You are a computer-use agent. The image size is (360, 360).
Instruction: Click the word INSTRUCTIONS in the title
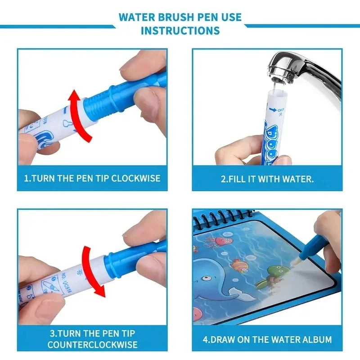(x=180, y=31)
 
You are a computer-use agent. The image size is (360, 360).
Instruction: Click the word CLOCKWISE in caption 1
(x=135, y=178)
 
